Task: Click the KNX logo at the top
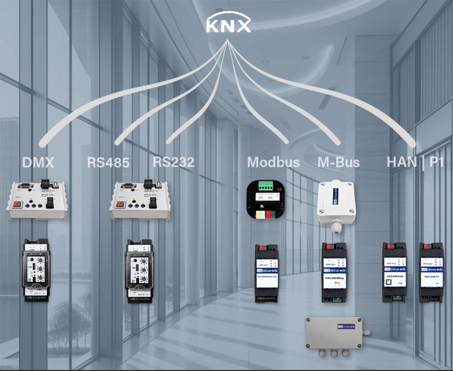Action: point(228,25)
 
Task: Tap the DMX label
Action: point(38,162)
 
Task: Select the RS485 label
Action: point(108,162)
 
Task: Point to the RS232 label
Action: point(174,162)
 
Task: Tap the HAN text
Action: point(401,162)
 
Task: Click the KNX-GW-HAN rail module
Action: point(394,272)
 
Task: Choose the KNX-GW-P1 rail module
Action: point(431,272)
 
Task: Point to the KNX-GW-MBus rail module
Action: point(334,272)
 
